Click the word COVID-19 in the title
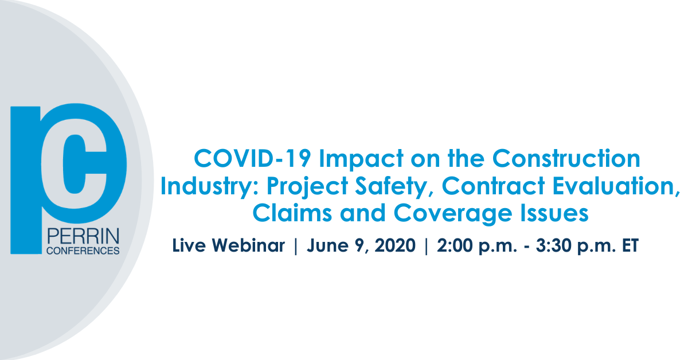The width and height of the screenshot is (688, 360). tap(252, 158)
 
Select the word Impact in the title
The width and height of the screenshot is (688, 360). tap(361, 160)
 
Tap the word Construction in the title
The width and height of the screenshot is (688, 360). tap(566, 158)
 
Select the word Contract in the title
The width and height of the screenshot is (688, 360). tap(493, 186)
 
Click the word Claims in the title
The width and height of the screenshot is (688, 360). tap(292, 213)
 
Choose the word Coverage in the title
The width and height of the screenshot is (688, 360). tap(452, 214)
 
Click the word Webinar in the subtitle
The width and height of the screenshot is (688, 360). tap(248, 245)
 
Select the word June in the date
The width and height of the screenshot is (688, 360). tap(328, 245)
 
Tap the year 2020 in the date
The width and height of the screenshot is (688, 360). tap(394, 245)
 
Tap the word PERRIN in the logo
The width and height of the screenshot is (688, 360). tap(83, 236)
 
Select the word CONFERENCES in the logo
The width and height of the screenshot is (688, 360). tap(83, 251)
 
